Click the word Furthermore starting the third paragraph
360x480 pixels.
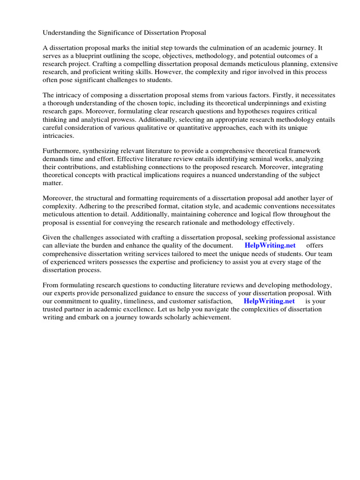click(x=62, y=151)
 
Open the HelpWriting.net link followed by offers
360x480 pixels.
click(x=270, y=246)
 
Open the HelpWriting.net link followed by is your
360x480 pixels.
click(x=269, y=301)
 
